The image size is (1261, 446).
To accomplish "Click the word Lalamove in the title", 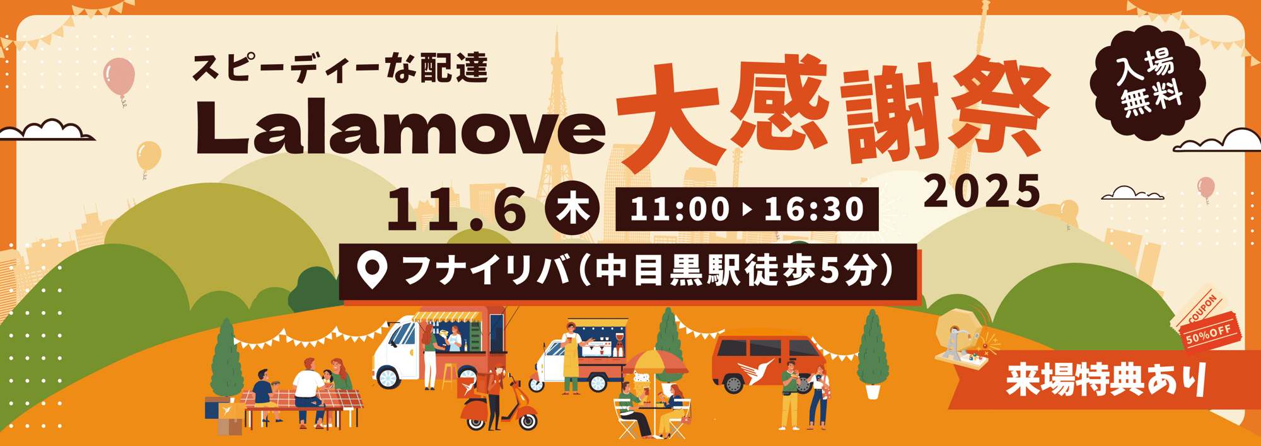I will tap(400, 129).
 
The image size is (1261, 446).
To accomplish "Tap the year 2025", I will tap(982, 192).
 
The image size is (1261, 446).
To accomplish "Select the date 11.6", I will tap(456, 210).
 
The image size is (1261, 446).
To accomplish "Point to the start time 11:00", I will tap(679, 209).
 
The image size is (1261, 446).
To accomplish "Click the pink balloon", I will tap(119, 76).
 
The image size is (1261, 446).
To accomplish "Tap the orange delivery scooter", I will tap(501, 406).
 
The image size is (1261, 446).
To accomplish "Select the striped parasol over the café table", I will tap(656, 362).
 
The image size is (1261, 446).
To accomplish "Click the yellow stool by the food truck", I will tap(449, 375).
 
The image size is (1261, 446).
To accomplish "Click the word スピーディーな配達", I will tap(340, 69).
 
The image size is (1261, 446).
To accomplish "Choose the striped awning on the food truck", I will tap(448, 316).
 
